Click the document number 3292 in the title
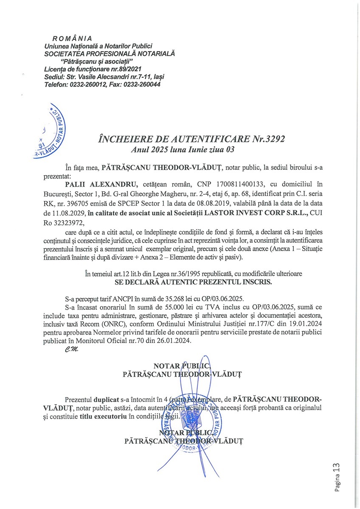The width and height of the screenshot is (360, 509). coord(271,139)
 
